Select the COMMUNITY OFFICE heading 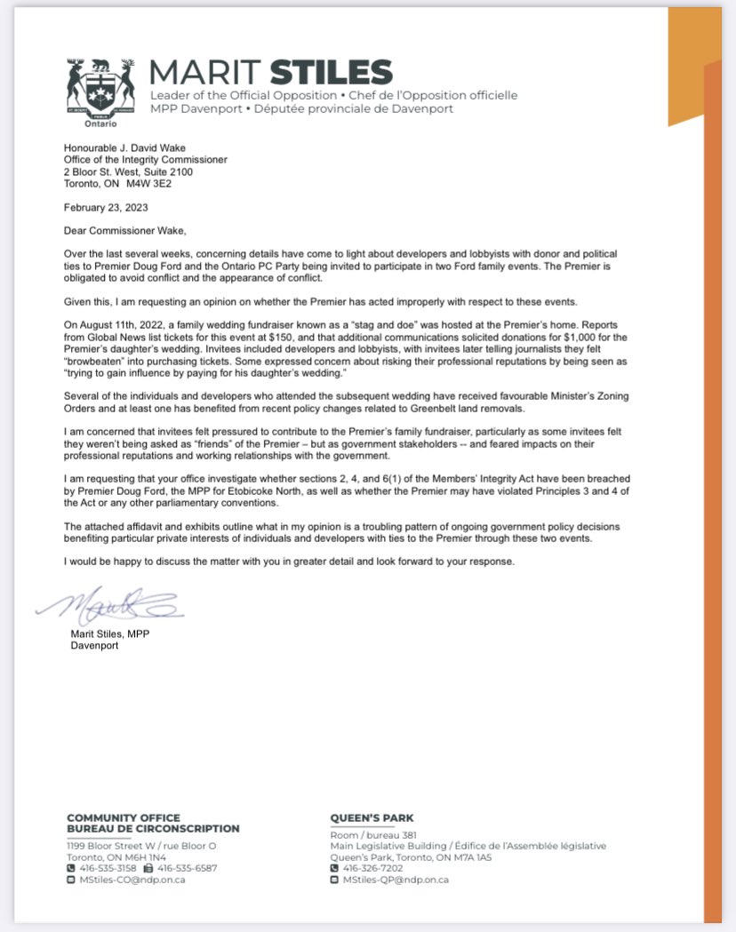click(124, 817)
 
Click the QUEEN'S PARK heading click(372, 817)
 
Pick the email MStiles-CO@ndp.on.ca click(131, 880)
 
